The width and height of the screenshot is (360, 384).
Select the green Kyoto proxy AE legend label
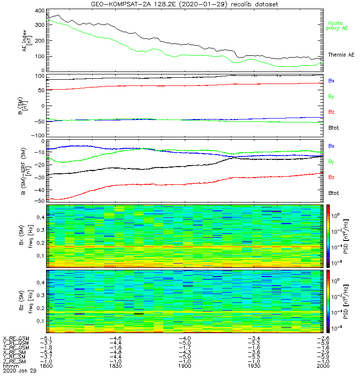click(x=338, y=25)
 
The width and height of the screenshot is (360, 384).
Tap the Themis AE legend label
click(x=341, y=55)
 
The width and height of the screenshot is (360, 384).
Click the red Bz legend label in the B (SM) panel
click(x=331, y=112)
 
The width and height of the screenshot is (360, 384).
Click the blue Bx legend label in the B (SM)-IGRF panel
click(x=331, y=145)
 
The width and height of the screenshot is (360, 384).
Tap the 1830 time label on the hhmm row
click(x=115, y=365)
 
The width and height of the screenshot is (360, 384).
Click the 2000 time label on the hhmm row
click(x=322, y=365)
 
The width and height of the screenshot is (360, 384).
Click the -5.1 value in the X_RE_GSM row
click(x=46, y=339)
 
